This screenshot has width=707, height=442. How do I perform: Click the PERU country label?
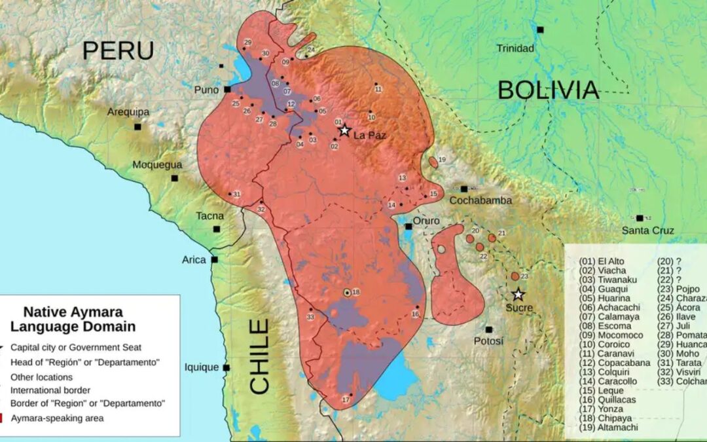118,50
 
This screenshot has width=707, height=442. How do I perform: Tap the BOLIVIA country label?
548,90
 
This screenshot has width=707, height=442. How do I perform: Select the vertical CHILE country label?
260,357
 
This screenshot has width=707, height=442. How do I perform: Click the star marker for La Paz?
344,130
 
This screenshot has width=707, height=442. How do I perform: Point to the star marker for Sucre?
518,295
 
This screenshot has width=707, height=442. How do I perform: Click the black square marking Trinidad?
540,29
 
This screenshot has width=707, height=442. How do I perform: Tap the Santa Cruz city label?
647,230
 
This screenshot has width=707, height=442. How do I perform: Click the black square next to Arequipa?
137,126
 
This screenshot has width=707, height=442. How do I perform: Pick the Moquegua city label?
157,164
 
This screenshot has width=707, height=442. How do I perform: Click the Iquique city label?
201,367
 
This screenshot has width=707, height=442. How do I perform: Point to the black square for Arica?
214,259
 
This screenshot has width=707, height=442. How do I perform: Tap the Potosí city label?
489,341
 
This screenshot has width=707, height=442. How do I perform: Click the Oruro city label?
426,221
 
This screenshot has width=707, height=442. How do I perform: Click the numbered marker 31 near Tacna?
237,194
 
